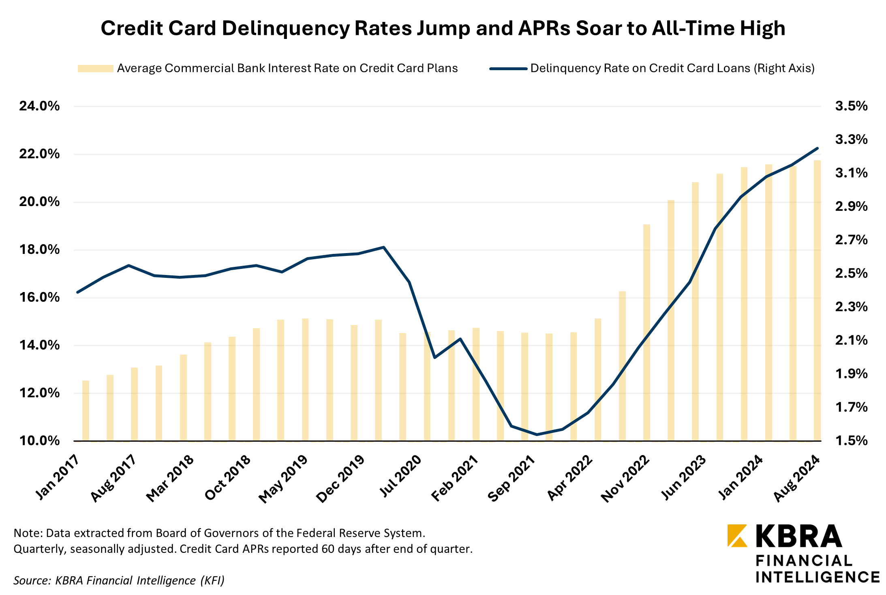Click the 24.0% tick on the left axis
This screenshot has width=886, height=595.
pos(39,106)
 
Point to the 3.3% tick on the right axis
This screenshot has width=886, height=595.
pos(851,140)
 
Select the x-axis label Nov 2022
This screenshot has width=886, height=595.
pos(625,479)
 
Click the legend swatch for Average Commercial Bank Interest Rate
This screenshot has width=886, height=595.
pos(95,69)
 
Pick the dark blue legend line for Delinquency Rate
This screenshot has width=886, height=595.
pos(508,69)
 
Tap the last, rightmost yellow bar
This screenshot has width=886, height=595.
pos(817,300)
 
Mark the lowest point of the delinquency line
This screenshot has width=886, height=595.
pos(537,434)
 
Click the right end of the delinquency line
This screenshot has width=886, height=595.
pos(817,148)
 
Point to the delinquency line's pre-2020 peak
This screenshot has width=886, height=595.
pos(383,247)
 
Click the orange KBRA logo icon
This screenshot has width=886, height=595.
pos(737,536)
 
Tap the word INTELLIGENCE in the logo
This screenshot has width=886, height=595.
pos(818,577)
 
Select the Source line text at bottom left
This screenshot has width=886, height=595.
pos(119,580)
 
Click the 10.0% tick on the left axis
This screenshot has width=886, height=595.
pos(39,441)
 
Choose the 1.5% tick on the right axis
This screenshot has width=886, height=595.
pos(851,441)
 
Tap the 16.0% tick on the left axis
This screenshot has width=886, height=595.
pos(39,298)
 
